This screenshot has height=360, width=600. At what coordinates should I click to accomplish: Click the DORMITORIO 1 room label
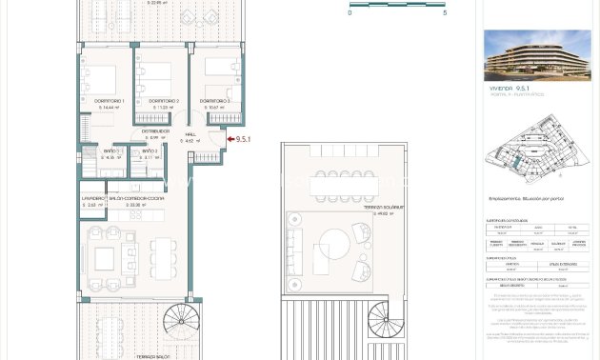(x=110, y=101)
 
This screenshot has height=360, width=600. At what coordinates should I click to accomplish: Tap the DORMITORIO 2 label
(x=164, y=101)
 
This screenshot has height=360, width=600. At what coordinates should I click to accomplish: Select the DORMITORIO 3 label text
(x=214, y=101)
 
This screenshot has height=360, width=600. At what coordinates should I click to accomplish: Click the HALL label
(x=190, y=134)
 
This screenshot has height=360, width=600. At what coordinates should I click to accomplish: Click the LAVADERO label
(x=92, y=198)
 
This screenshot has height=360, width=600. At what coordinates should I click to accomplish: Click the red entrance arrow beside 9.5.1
(x=228, y=140)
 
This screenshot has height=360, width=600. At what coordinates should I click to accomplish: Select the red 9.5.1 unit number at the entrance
(x=243, y=140)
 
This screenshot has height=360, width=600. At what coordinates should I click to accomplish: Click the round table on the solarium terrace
(x=336, y=249)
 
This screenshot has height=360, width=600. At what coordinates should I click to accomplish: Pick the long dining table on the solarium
(x=343, y=187)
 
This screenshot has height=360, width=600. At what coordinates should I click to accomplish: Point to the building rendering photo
(x=536, y=54)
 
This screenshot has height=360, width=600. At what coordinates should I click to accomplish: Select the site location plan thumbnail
(x=534, y=148)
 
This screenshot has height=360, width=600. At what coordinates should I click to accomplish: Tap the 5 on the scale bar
(x=444, y=12)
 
